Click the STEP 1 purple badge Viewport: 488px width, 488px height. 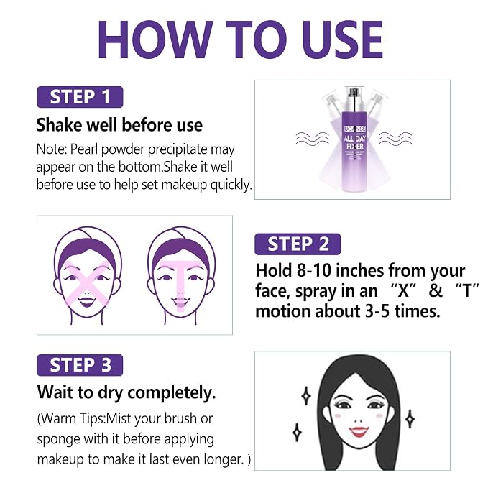(80, 97)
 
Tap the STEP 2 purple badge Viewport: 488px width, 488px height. (298, 244)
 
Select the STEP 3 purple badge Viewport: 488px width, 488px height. (80, 365)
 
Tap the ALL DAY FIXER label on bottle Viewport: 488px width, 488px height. (355, 143)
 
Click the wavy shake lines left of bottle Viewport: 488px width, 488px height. (312, 138)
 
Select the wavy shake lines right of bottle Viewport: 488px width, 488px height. (395, 138)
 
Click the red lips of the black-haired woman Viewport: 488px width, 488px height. (359, 432)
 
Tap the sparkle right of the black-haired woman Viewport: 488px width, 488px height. (410, 419)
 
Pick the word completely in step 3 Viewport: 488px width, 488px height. (172, 392)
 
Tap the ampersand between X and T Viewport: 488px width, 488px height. (436, 290)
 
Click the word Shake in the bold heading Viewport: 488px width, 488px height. (59, 125)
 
